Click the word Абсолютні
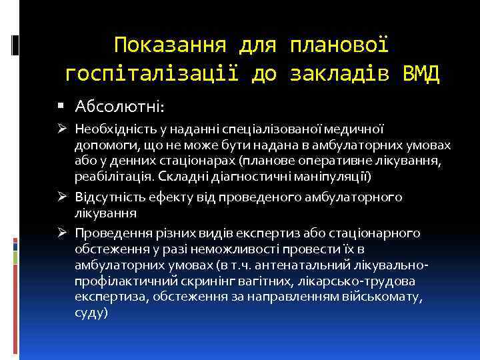click(120, 107)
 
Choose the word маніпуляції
click(337, 177)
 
